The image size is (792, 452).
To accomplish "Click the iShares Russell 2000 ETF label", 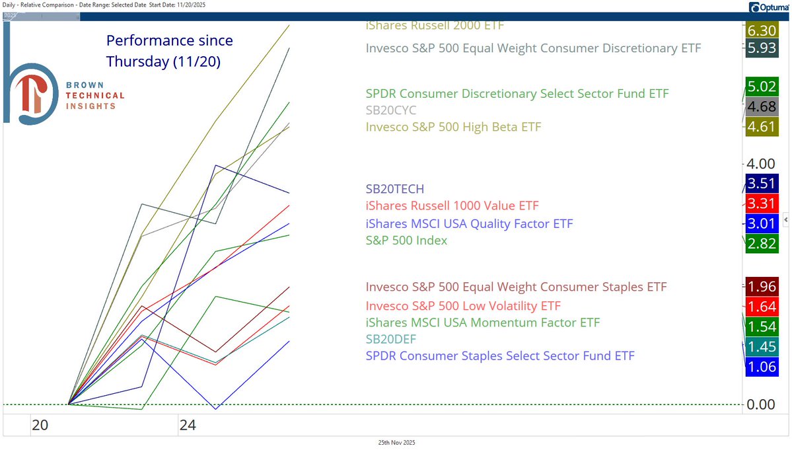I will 435,26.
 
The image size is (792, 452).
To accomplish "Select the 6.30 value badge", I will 762,30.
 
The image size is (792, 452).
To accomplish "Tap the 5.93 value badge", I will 762,48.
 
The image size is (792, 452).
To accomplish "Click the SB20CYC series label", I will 391,110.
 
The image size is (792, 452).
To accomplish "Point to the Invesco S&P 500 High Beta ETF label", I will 453,127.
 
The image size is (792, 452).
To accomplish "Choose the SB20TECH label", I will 395,190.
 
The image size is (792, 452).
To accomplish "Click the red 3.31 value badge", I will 762,204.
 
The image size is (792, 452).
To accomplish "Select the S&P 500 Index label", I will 406,241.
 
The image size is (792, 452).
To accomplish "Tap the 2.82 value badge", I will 762,243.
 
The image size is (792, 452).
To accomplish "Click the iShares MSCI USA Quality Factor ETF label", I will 469,224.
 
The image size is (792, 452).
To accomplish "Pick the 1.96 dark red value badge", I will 762,287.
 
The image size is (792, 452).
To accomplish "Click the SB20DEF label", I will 391,340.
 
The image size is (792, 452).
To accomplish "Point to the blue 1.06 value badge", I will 762,367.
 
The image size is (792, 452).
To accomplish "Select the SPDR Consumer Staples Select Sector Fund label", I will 500,356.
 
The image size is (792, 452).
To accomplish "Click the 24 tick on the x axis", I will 188,426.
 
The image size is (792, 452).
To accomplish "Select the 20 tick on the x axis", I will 40,426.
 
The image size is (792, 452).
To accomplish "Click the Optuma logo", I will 768,7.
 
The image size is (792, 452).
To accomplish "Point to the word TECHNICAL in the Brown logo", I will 94,96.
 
